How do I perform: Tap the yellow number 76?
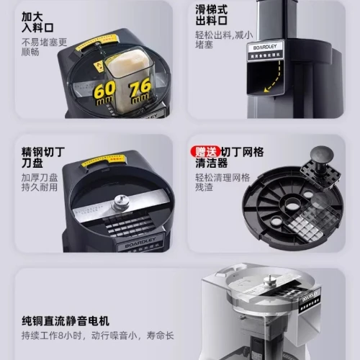coord(140,91)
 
